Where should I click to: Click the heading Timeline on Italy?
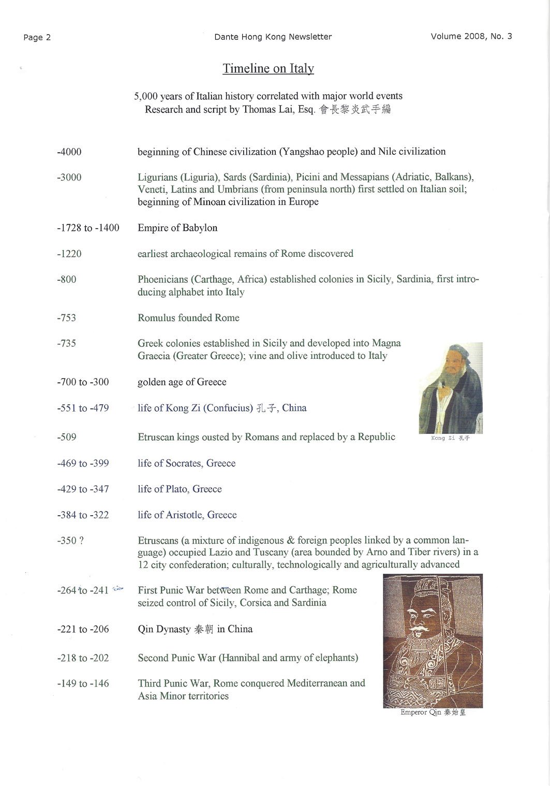point(268,68)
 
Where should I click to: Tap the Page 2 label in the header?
point(37,37)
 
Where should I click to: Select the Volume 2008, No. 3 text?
point(471,36)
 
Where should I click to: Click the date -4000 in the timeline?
point(69,152)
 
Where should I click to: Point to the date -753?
point(66,318)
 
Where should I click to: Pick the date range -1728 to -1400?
point(88,228)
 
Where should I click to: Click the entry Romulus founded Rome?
point(188,318)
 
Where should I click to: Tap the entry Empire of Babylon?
point(177,228)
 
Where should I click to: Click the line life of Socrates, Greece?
point(186,463)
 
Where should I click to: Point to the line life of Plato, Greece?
point(180,489)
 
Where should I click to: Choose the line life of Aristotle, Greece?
point(187,515)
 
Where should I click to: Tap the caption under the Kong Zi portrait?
point(450,438)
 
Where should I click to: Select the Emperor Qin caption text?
point(433,712)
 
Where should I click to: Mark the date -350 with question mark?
point(70,541)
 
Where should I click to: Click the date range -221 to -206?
point(83,629)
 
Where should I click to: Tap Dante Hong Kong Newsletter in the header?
point(273,37)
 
